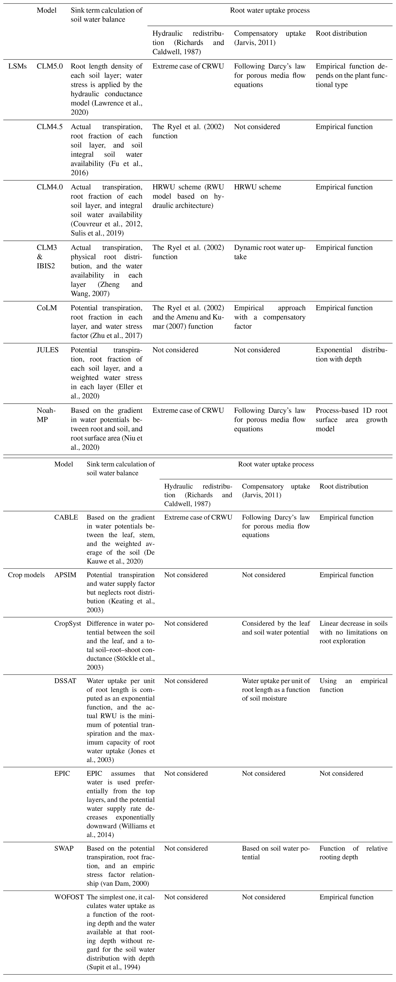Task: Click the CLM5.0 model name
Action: [x=50, y=66]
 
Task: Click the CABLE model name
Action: [x=66, y=517]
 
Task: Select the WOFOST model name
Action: [x=69, y=897]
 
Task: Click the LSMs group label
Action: [x=18, y=66]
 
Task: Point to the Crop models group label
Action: [x=26, y=575]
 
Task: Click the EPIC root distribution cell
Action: [x=341, y=774]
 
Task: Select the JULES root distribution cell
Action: [x=351, y=355]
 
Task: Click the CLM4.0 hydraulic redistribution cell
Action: [x=188, y=196]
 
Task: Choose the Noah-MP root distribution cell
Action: [x=351, y=420]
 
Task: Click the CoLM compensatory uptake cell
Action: [x=270, y=317]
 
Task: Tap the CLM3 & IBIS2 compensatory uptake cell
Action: [x=270, y=252]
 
